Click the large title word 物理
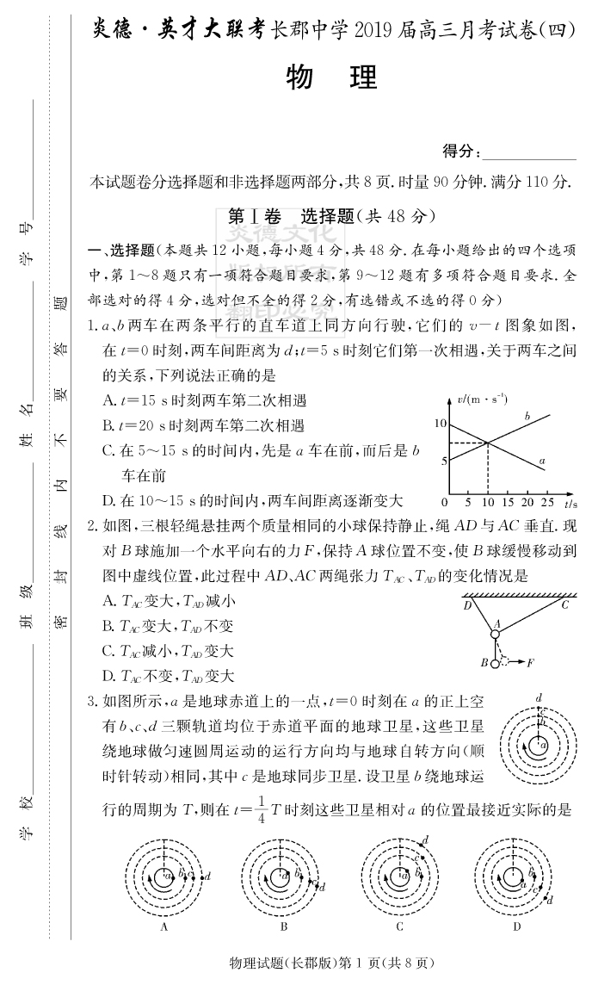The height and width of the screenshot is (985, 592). [x=331, y=78]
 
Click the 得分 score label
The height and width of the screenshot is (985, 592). [x=461, y=152]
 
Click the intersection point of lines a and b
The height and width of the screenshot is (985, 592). [x=488, y=443]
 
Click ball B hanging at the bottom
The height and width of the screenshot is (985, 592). [x=495, y=662]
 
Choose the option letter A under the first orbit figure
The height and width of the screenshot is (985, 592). [x=163, y=927]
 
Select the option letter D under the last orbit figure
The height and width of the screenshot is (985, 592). [x=516, y=927]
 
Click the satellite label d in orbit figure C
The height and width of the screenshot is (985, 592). [x=426, y=839]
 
